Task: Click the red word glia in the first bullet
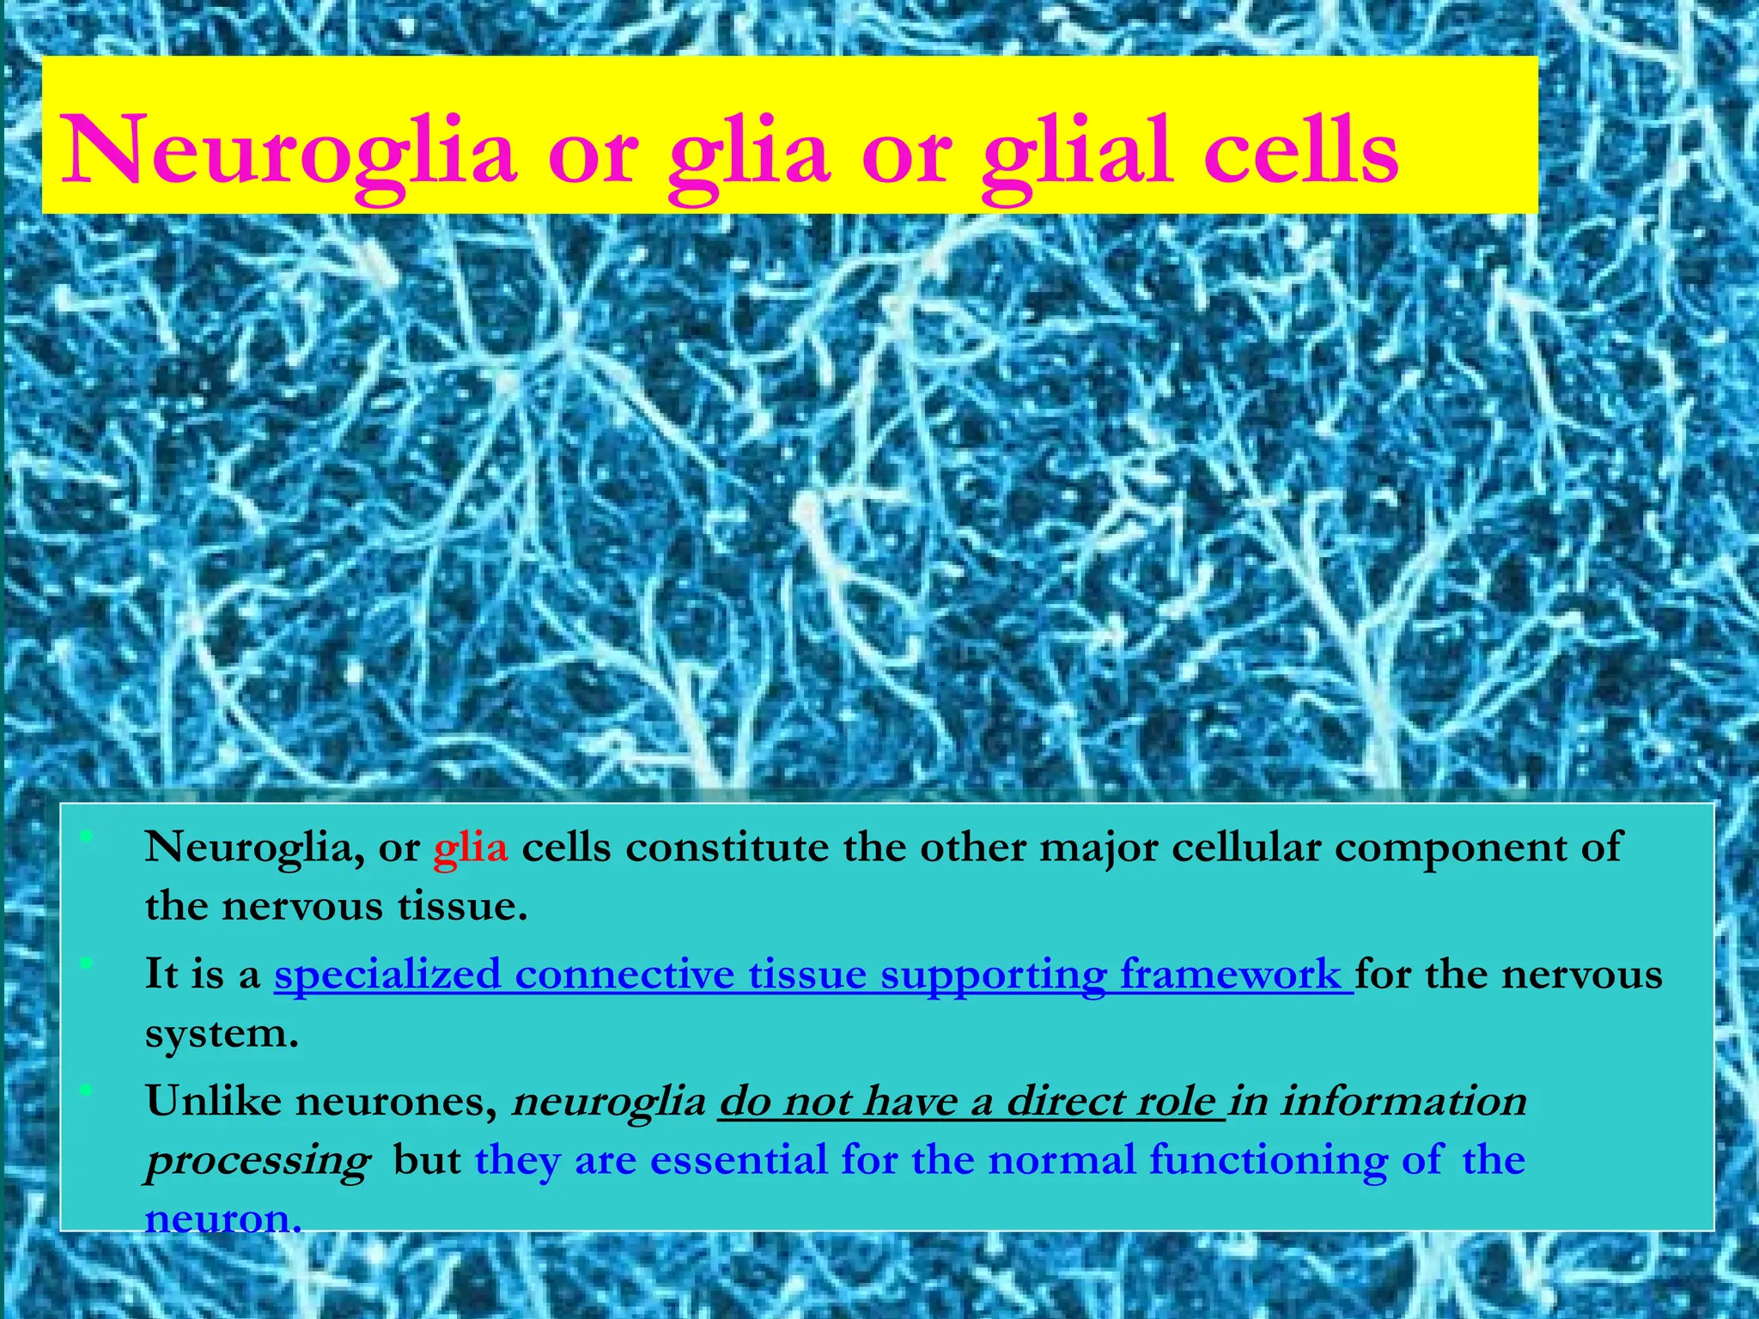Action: click(x=471, y=848)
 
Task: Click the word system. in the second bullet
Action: click(x=222, y=1034)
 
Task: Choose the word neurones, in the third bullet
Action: click(x=396, y=1102)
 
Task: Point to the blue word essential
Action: click(x=738, y=1160)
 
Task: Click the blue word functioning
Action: click(x=1267, y=1160)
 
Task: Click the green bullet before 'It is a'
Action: click(x=85, y=964)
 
